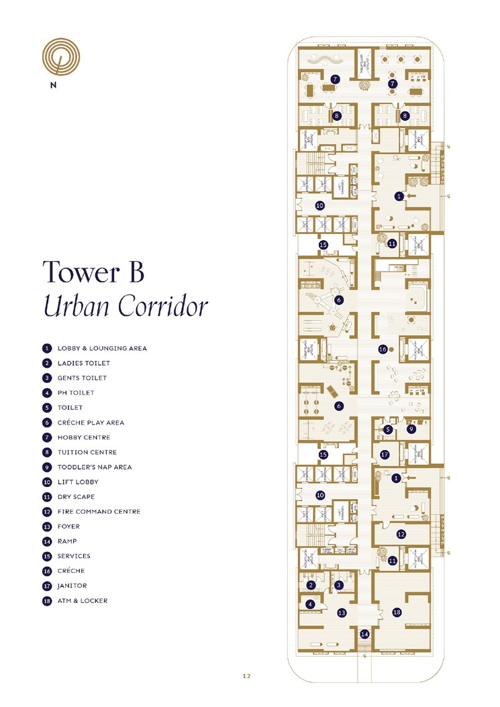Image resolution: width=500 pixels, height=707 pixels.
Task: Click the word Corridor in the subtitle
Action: (162, 307)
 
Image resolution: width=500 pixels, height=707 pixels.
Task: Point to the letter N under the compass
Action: (52, 85)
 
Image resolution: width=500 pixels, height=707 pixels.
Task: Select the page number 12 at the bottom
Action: (246, 676)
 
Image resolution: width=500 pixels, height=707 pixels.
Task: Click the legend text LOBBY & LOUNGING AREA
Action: (102, 348)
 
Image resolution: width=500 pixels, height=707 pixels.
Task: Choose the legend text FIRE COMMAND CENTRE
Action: (99, 512)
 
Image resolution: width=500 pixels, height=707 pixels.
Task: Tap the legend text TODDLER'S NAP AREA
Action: (95, 467)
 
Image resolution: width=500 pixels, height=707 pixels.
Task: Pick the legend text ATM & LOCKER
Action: (83, 601)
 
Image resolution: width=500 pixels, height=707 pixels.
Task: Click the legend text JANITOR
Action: (71, 586)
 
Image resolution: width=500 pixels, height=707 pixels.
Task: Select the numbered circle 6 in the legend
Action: (47, 423)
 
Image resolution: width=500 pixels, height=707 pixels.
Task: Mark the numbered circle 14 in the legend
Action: (47, 541)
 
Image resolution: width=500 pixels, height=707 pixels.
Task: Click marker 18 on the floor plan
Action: (397, 612)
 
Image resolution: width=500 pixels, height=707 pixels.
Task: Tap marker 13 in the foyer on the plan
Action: (342, 612)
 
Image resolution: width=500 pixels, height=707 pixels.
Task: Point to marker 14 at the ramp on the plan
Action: (364, 634)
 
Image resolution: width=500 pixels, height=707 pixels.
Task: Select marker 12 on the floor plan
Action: (401, 535)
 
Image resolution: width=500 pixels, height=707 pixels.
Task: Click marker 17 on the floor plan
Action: (385, 455)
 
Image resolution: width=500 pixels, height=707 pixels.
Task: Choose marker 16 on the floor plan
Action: (383, 349)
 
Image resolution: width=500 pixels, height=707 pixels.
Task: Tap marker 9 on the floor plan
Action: (411, 429)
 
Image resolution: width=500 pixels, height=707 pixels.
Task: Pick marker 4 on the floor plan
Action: (310, 604)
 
